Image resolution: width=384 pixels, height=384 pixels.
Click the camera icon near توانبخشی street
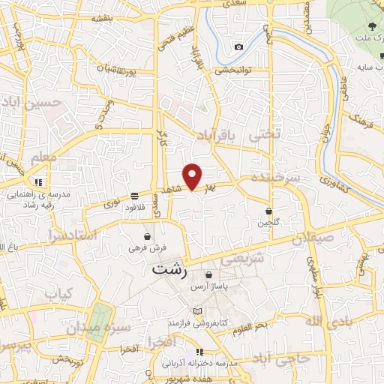238,46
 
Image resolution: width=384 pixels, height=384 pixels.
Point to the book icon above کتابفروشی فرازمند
197,311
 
